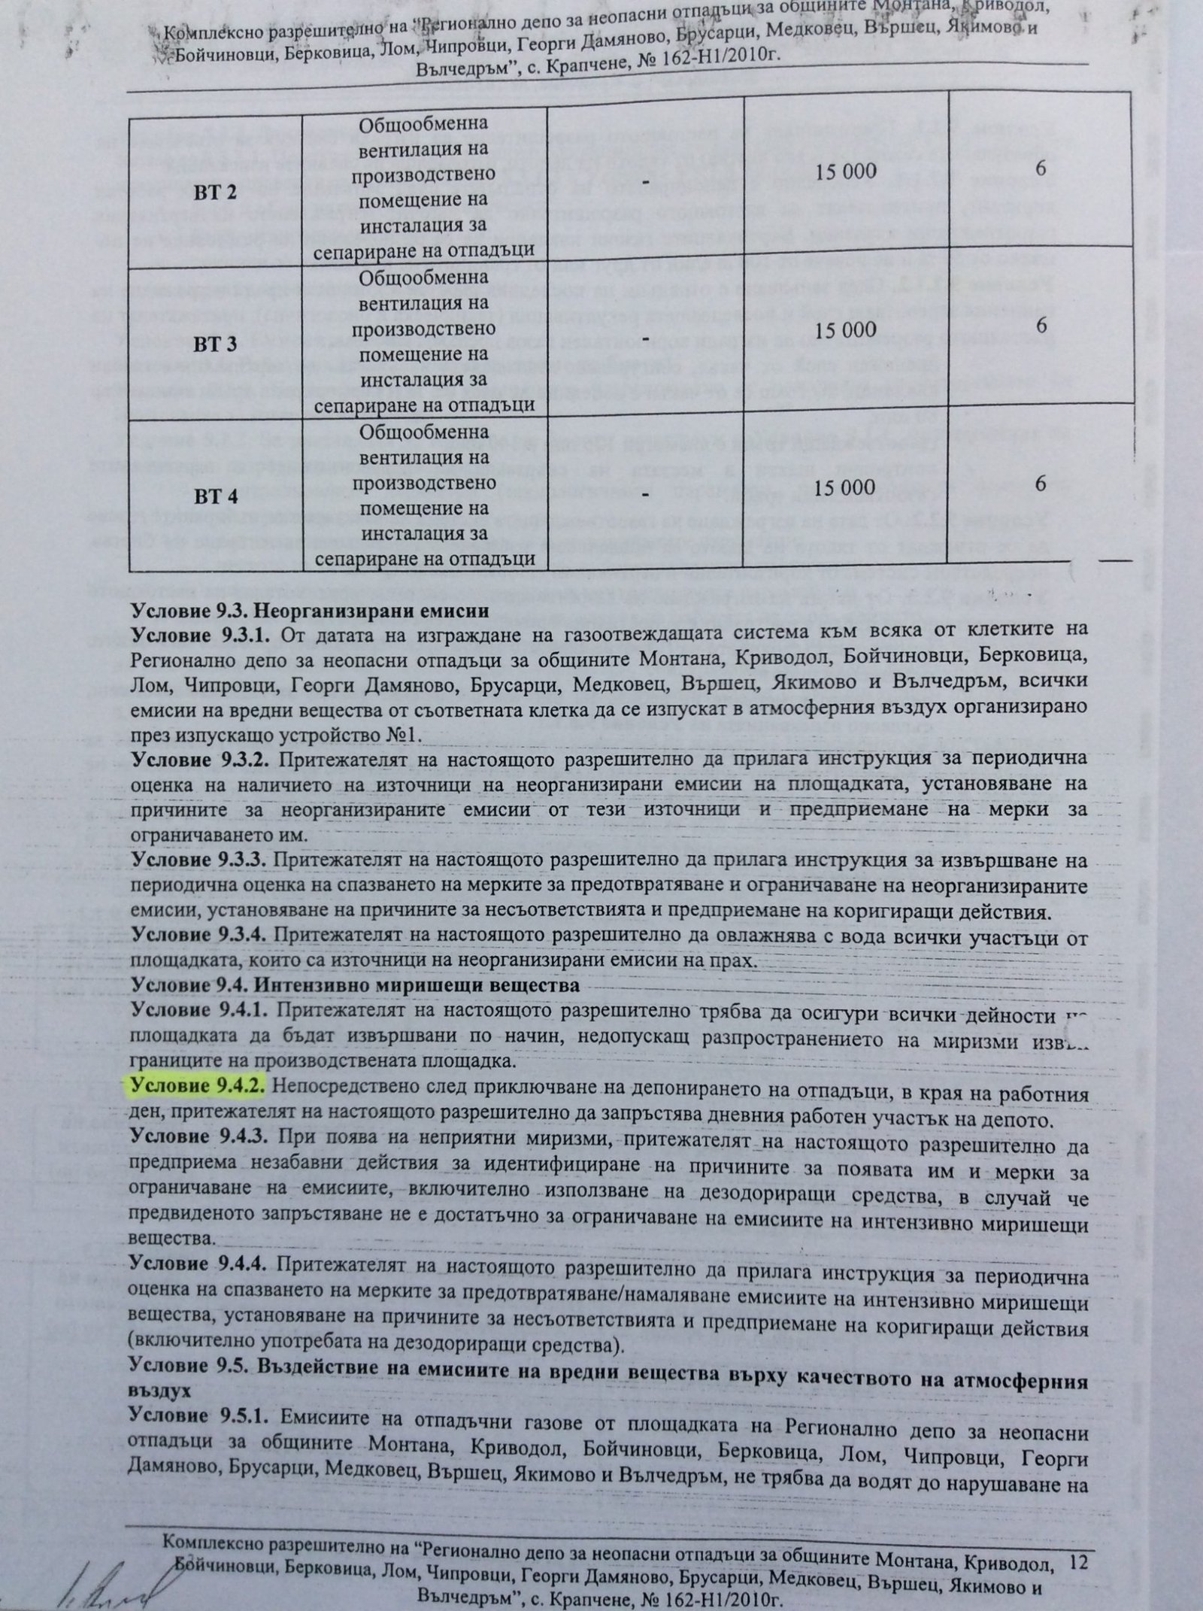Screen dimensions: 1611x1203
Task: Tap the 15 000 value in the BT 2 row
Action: (x=845, y=171)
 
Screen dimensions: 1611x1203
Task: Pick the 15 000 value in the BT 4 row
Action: (x=845, y=487)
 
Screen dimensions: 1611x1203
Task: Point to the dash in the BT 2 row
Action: (x=645, y=181)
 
